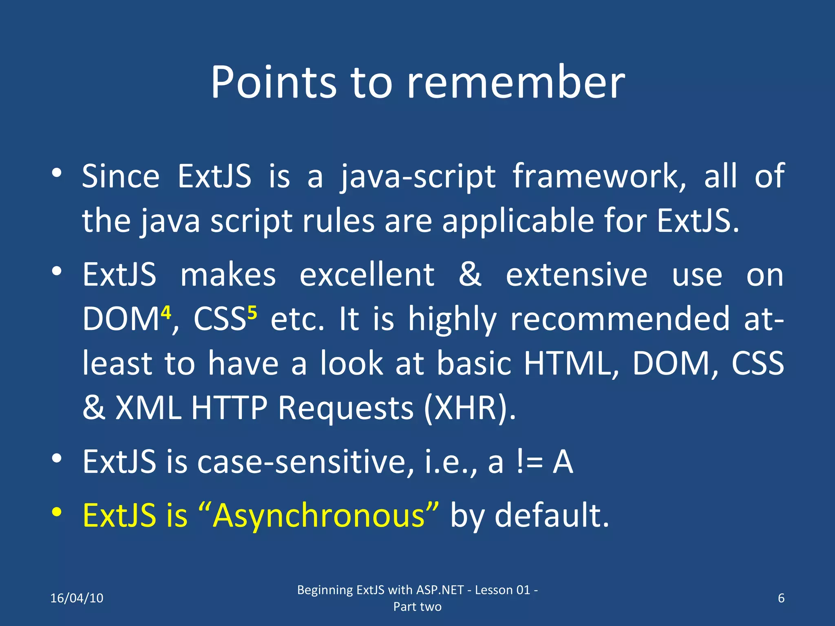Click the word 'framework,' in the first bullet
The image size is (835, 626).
[599, 176]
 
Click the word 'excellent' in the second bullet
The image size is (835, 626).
[367, 275]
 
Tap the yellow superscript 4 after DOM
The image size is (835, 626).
[166, 313]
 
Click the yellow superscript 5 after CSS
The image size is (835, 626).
[252, 313]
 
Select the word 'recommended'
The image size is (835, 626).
[620, 319]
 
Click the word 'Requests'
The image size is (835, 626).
[346, 408]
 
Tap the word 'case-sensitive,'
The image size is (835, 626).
[306, 462]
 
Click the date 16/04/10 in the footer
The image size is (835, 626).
[77, 598]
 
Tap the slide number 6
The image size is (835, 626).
[781, 598]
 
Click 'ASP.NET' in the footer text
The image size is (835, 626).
[440, 590]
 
